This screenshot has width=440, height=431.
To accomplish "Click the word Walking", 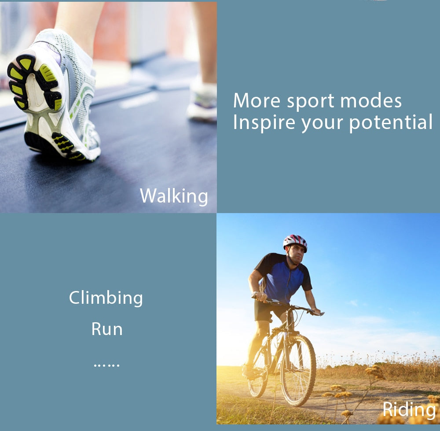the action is coord(174,196).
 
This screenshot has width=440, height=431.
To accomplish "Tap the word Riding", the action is coord(409,410).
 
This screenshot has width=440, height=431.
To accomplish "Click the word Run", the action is coord(107,329).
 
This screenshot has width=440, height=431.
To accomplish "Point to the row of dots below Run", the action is coord(106,365).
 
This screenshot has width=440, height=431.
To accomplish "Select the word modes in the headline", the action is coord(371,100).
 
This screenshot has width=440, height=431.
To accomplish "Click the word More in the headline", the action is coord(257,100).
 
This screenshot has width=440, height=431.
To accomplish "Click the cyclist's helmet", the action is coord(295,242).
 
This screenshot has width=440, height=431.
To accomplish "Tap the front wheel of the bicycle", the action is coord(298,370).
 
